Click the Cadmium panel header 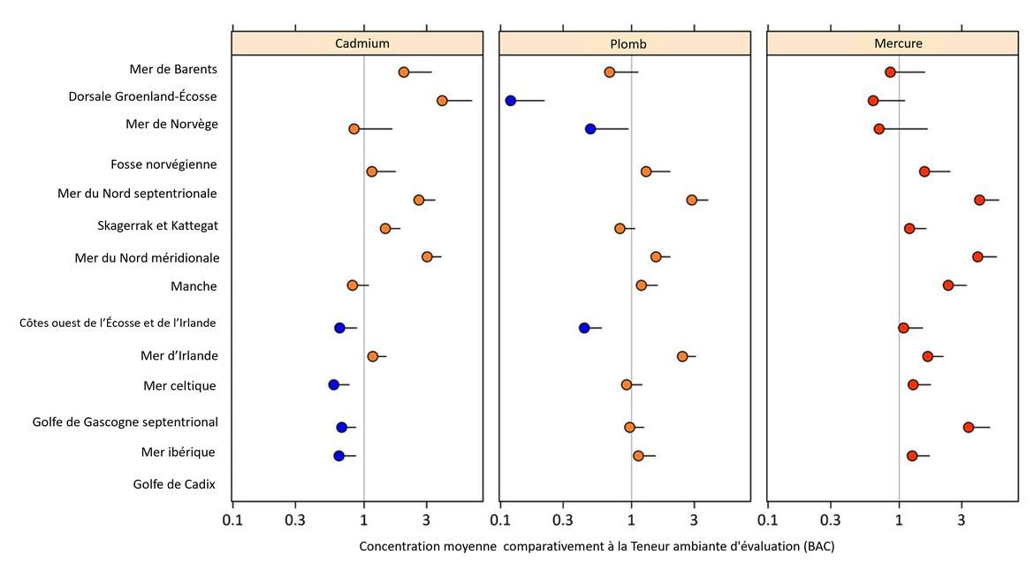click(357, 43)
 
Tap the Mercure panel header click(893, 43)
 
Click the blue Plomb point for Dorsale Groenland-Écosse click(511, 101)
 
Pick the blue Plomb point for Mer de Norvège click(590, 129)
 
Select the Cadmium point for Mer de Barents click(404, 72)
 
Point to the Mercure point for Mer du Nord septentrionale click(979, 200)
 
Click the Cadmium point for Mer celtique click(334, 384)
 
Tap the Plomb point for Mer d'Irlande click(682, 356)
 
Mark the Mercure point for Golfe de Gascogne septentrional click(969, 427)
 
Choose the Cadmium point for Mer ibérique click(339, 456)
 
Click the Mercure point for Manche click(948, 285)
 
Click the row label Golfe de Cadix click(174, 483)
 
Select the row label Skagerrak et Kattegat click(157, 225)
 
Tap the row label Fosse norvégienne click(163, 164)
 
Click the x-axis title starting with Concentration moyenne click(597, 546)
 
